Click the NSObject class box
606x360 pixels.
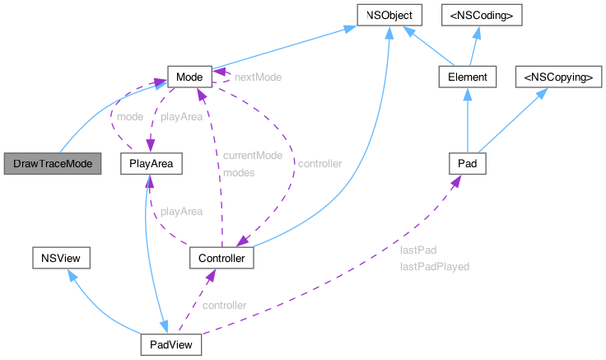click(389, 15)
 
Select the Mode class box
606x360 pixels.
click(189, 77)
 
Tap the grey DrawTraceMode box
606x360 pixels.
click(53, 163)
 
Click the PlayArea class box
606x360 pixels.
click(150, 163)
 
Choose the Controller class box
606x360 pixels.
click(221, 259)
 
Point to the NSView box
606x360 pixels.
click(60, 259)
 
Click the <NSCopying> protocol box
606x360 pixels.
click(553, 77)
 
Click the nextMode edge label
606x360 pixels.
click(258, 77)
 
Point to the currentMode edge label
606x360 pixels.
click(253, 155)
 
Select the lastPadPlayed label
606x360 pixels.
click(434, 266)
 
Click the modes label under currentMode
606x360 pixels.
click(239, 173)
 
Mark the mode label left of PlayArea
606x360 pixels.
click(129, 117)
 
